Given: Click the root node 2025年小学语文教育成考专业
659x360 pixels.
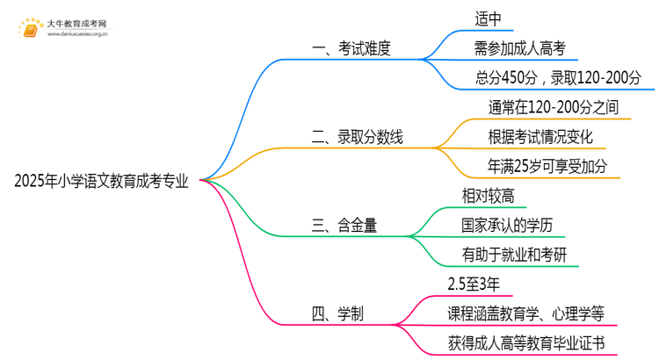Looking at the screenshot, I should click(x=102, y=182).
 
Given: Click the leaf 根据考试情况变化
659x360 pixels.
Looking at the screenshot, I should click(x=540, y=137).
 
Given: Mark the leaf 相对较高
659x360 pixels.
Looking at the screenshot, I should click(x=488, y=195).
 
